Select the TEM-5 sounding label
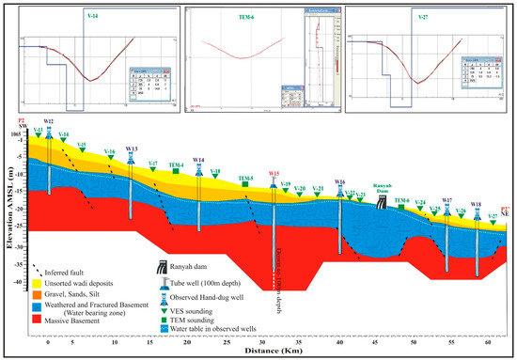(246, 179)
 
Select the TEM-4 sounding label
(177, 165)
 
